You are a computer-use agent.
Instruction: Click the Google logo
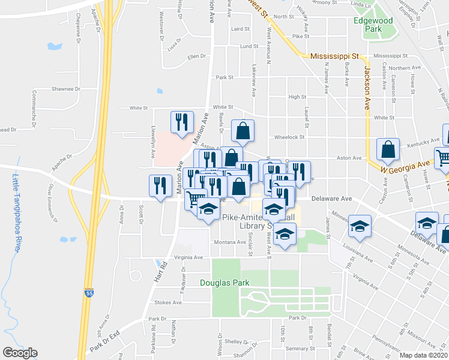click(20, 353)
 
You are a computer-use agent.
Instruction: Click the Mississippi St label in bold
click(334, 56)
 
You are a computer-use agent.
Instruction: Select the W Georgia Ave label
click(407, 166)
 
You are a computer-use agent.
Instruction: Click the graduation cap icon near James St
click(360, 227)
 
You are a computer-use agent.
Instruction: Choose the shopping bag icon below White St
click(243, 130)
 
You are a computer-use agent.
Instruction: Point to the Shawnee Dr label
click(65, 89)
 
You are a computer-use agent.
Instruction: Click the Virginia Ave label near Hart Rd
click(188, 257)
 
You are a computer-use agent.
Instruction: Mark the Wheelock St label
click(289, 137)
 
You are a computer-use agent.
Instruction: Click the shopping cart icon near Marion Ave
click(196, 199)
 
